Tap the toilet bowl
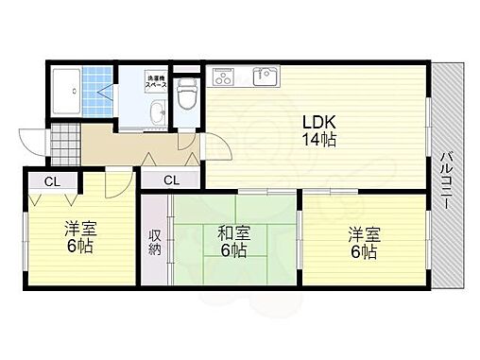[x=186, y=93]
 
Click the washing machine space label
[x=156, y=81]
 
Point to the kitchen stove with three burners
[x=226, y=76]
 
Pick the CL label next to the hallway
[x=171, y=180]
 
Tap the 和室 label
[x=233, y=232]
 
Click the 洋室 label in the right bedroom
[x=362, y=233]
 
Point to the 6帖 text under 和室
[x=233, y=251]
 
